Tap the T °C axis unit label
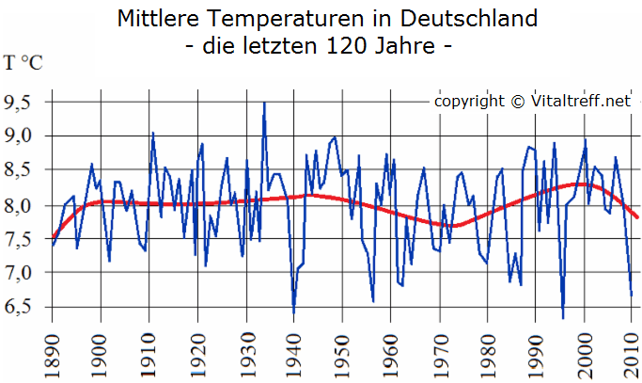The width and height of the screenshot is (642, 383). pos(23,64)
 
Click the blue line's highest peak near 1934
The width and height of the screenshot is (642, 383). pos(264,103)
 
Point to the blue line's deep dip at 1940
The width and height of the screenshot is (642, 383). pos(293,313)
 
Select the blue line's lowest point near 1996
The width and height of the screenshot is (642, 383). pos(563,318)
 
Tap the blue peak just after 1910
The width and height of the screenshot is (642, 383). pos(152,133)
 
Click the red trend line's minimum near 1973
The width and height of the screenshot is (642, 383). pos(453,226)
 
